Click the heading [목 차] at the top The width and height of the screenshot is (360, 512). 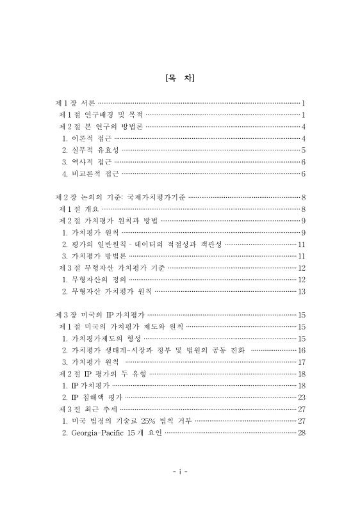pos(179,79)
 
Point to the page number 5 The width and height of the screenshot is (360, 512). pos(302,150)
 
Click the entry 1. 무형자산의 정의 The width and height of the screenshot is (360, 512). pos(94,280)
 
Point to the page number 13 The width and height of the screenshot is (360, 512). pos(301,291)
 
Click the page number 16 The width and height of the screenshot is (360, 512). pos(301,350)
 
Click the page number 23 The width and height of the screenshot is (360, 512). pos(301,397)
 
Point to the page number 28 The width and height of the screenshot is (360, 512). pos(301,433)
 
